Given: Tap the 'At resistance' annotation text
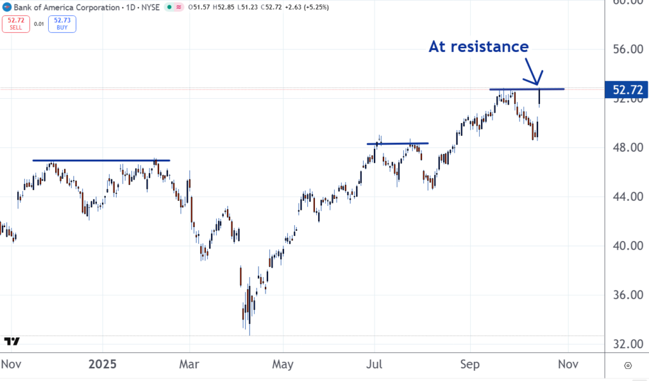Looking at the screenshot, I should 479,46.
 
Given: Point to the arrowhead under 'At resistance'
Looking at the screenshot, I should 537,82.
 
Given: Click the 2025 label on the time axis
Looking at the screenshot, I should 103,365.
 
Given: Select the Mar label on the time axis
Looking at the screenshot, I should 190,365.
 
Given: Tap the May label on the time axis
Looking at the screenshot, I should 282,365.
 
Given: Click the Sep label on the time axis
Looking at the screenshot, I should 470,365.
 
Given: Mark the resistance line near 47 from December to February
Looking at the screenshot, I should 101,160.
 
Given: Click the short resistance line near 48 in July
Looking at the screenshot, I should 398,143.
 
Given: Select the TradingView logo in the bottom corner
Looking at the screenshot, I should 12,341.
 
